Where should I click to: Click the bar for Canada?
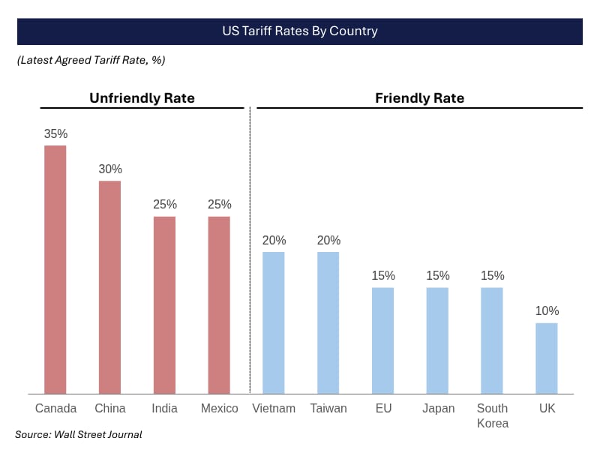click(55, 269)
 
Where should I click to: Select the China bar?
click(109, 287)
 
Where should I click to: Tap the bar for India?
click(164, 305)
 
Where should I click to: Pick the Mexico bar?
click(219, 305)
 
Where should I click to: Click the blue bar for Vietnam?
click(274, 322)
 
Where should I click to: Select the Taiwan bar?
click(328, 322)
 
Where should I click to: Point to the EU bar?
click(383, 340)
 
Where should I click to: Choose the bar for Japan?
click(437, 340)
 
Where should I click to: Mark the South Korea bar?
click(492, 340)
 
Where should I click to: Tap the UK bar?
click(547, 358)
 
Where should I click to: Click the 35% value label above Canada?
click(55, 134)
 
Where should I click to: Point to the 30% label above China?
click(109, 169)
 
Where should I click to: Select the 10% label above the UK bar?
click(547, 311)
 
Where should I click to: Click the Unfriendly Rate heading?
click(142, 98)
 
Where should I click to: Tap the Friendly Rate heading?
click(419, 98)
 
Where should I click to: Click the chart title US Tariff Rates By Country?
click(300, 31)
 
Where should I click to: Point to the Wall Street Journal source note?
click(79, 434)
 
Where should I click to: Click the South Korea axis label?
click(492, 415)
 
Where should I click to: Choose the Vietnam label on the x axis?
click(274, 409)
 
